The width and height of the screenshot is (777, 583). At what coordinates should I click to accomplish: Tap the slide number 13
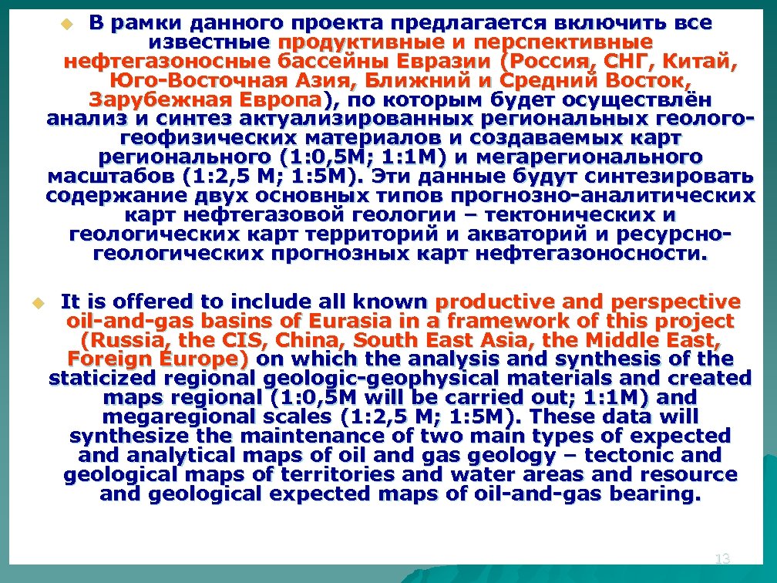coord(722,558)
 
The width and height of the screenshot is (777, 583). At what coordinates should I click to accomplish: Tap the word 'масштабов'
coord(93,177)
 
